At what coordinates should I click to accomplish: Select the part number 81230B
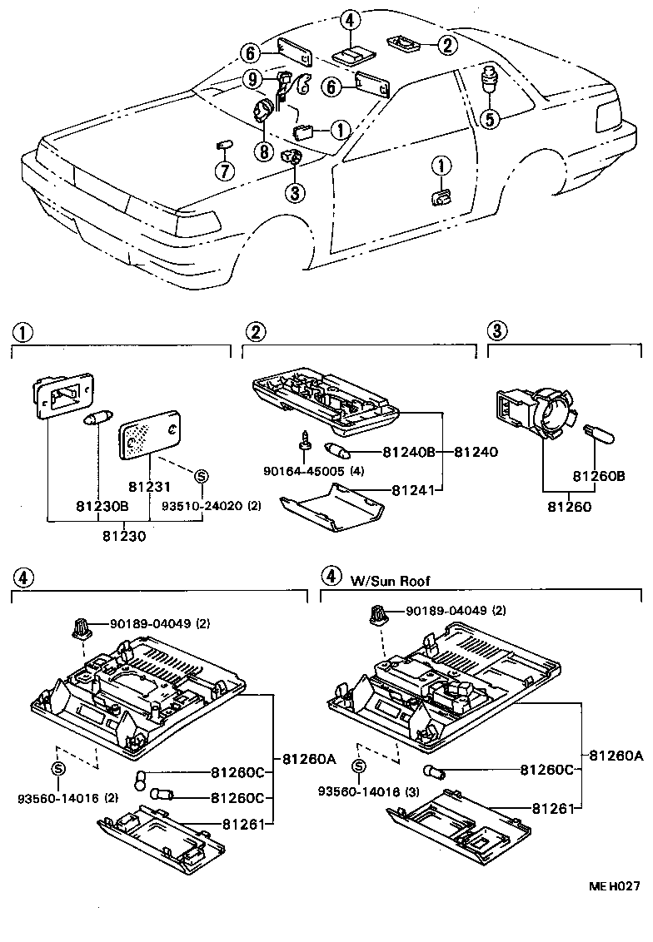coord(102,505)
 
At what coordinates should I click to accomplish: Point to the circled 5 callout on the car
coord(489,119)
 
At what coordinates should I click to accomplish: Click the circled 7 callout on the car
coord(222,171)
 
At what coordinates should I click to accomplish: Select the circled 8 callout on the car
coord(264,152)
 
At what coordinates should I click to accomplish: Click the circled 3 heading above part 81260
coord(496,331)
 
